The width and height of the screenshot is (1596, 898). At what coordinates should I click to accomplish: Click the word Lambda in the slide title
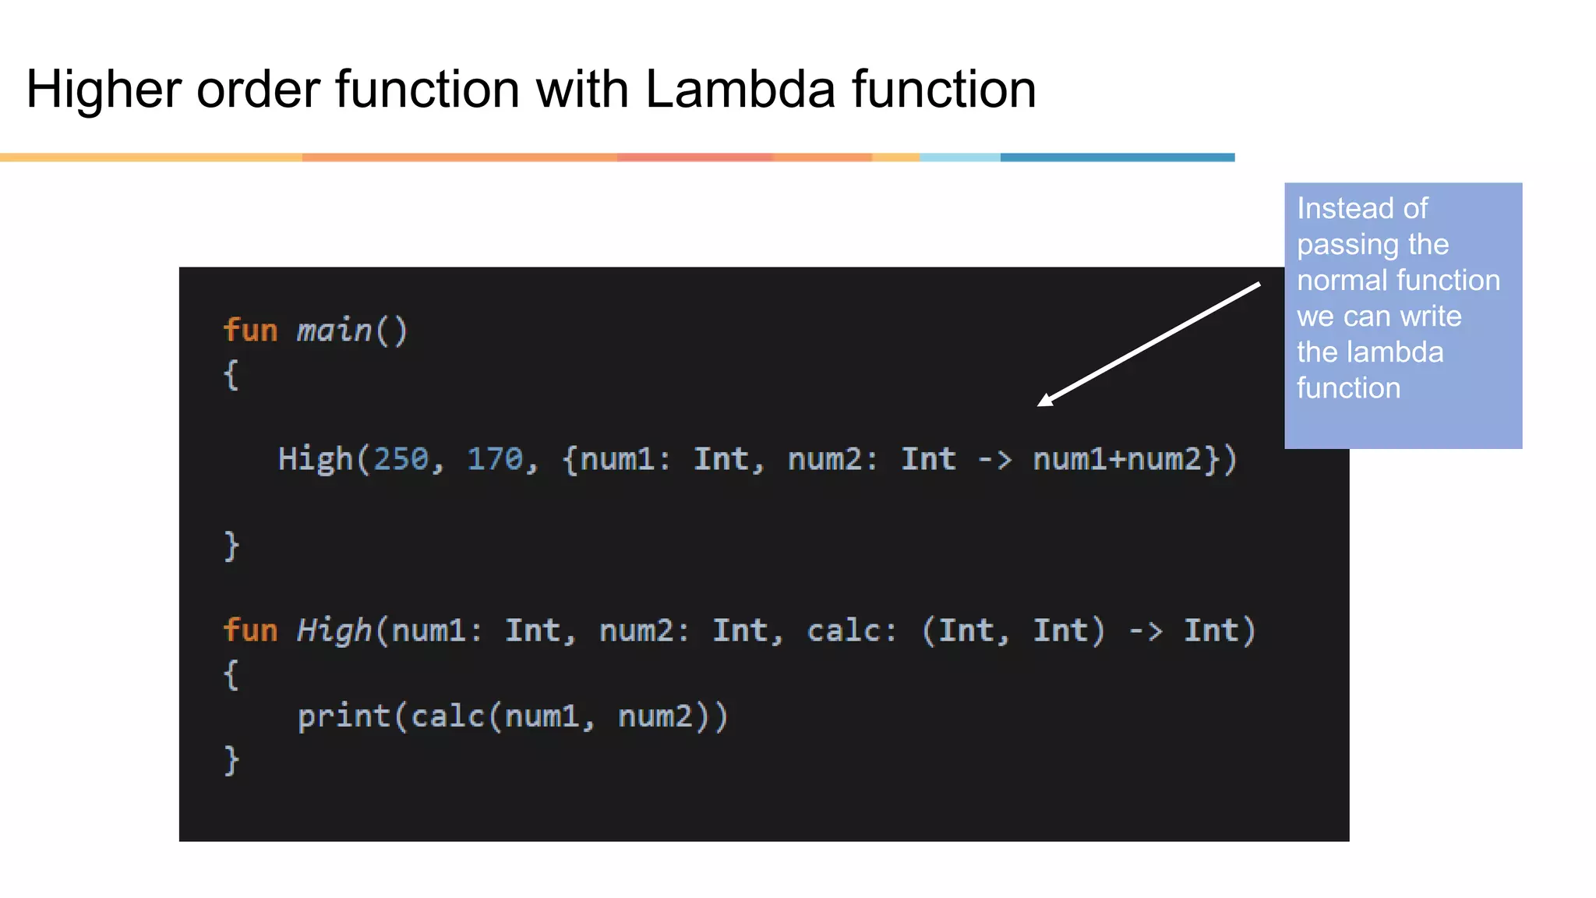[x=740, y=89]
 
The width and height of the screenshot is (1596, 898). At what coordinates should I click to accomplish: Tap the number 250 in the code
[x=401, y=459]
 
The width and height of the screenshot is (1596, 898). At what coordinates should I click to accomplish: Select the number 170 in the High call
[x=495, y=459]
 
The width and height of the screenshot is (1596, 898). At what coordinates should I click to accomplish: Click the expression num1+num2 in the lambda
[x=1118, y=459]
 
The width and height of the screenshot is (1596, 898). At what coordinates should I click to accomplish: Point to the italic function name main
[x=334, y=331]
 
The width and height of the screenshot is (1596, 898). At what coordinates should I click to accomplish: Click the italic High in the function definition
[x=334, y=630]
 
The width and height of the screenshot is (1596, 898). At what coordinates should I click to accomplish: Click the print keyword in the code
[x=344, y=716]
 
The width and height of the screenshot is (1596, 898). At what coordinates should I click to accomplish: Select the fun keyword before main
[x=250, y=331]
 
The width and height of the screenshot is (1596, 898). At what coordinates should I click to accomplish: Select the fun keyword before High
[x=250, y=630]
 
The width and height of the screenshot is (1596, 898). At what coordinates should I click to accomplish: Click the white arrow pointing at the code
[x=1149, y=345]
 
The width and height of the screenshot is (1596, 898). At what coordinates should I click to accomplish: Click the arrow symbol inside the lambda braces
[x=994, y=460]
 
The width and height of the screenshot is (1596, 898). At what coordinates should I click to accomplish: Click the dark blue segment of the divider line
[x=1118, y=157]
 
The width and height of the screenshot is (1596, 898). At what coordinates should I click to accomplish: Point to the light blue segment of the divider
[x=960, y=157]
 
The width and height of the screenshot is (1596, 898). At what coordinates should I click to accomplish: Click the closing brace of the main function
[x=231, y=546]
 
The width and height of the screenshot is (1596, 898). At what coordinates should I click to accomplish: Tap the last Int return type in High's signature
[x=1211, y=630]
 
